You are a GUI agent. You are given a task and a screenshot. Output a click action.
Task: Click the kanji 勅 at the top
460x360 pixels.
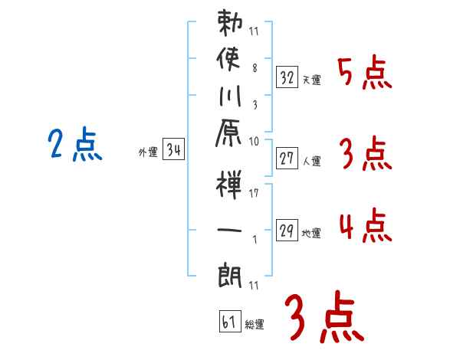click(230, 23)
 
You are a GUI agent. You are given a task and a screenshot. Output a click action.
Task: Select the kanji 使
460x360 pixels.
click(228, 58)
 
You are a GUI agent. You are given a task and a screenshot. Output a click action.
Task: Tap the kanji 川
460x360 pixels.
click(230, 96)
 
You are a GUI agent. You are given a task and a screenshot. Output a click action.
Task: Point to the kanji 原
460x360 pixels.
click(228, 133)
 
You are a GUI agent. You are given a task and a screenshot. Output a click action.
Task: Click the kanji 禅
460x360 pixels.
click(228, 185)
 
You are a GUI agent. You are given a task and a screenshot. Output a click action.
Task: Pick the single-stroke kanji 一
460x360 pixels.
click(229, 230)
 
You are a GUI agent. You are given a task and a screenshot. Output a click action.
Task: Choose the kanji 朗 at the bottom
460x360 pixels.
click(230, 276)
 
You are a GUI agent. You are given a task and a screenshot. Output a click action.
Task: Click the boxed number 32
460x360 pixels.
click(287, 77)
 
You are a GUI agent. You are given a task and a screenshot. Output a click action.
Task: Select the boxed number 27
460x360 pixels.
click(287, 159)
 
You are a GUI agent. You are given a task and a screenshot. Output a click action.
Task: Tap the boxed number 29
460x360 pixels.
click(287, 231)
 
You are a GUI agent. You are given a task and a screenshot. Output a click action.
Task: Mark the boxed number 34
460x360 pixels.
click(173, 149)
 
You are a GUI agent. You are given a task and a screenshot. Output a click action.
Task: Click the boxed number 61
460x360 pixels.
click(230, 321)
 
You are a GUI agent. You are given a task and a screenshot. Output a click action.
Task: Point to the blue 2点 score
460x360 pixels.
click(75, 144)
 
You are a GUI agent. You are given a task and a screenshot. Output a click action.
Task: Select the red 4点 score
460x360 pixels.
click(366, 225)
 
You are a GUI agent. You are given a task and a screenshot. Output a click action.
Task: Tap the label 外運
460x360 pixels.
click(148, 152)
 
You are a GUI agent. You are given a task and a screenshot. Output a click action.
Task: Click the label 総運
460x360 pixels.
click(255, 324)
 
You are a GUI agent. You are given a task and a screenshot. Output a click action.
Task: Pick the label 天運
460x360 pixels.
click(312, 80)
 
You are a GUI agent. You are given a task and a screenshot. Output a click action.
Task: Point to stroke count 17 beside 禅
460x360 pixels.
click(254, 193)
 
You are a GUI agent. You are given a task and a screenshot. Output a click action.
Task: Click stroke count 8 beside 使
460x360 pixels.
click(255, 68)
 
